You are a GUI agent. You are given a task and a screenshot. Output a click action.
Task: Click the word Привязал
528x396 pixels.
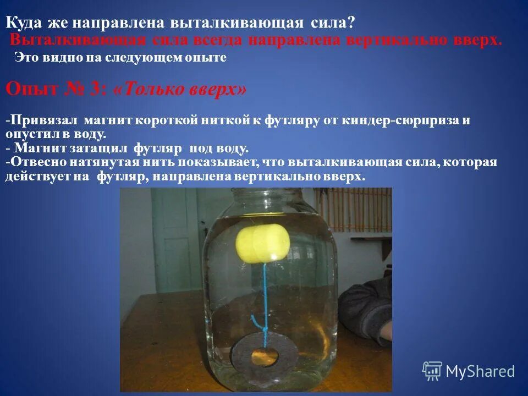(45, 120)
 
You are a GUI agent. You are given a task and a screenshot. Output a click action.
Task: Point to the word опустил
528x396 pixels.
(28, 134)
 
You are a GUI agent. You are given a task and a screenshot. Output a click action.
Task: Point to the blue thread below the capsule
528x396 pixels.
(265, 286)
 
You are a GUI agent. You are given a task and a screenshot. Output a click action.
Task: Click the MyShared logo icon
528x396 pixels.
(432, 371)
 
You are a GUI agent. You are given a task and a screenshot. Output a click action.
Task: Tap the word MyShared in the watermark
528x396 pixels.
(480, 372)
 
